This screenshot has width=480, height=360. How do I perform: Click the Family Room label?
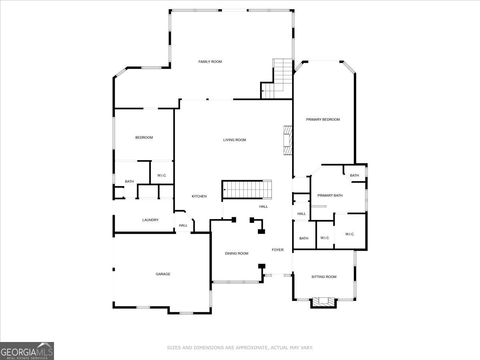point(210,62)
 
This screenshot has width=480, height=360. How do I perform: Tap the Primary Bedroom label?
point(323,119)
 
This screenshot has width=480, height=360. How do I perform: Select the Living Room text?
point(234,140)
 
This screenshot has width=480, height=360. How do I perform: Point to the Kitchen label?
point(199,196)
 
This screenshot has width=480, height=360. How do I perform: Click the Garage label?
point(163,274)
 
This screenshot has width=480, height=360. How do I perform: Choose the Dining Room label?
point(236,253)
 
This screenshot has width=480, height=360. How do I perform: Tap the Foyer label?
point(278,250)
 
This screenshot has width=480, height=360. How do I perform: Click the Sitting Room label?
point(324,277)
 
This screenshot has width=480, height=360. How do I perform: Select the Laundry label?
point(150,220)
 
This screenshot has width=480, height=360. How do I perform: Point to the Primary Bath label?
point(330,196)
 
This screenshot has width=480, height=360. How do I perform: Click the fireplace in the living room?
point(288,140)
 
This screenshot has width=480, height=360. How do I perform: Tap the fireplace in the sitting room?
point(324,302)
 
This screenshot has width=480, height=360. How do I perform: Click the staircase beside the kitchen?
point(247,189)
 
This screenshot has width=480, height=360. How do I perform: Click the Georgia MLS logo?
point(27,351)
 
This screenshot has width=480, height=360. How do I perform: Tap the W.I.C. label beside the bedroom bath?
point(162,176)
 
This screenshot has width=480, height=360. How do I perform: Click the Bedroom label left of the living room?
point(144,138)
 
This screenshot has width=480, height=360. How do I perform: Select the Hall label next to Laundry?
point(183,225)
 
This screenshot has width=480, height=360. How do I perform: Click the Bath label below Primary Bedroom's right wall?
point(354,175)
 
